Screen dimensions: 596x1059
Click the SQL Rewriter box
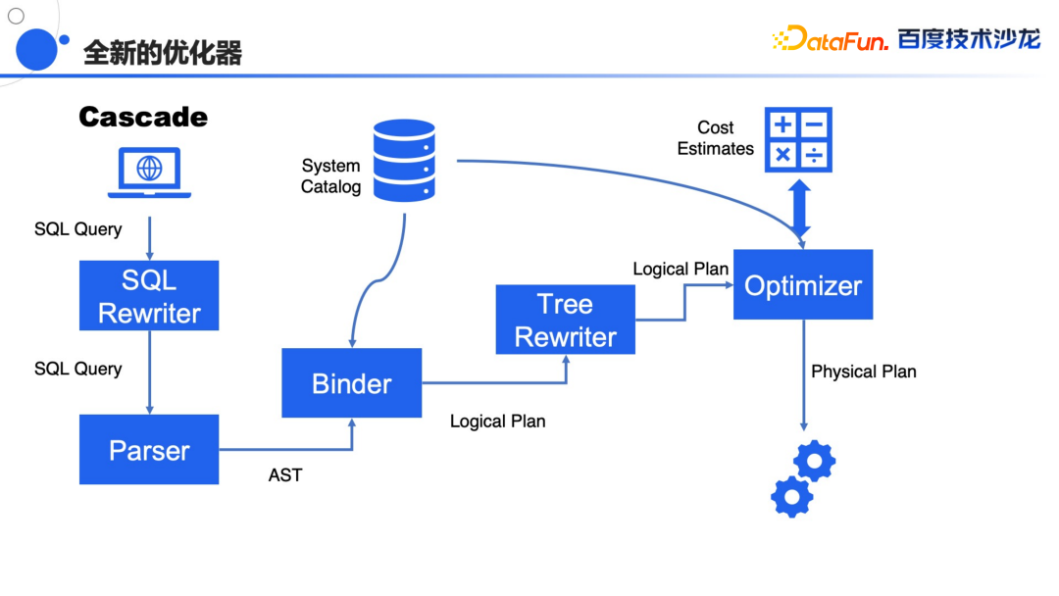click(149, 296)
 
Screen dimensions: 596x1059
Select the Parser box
click(149, 450)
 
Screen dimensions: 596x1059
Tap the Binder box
click(351, 383)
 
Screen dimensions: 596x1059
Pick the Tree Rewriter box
click(565, 320)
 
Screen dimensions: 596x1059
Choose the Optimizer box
click(802, 285)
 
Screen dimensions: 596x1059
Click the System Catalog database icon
click(404, 160)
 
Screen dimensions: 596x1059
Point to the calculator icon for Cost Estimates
click(798, 139)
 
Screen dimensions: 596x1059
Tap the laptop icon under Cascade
click(149, 172)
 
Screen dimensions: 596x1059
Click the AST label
click(285, 475)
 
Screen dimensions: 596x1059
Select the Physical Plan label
click(863, 372)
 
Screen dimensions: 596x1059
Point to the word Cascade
click(143, 117)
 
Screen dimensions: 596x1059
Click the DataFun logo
click(831, 39)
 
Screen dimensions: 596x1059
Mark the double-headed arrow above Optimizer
click(800, 208)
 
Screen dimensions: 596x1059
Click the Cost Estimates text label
click(716, 138)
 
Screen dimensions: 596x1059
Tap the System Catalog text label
click(330, 176)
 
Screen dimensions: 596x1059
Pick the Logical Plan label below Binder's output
click(497, 422)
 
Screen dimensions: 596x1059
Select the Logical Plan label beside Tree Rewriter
click(681, 269)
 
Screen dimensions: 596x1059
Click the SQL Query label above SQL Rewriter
click(78, 229)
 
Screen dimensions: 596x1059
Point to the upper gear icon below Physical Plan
click(815, 460)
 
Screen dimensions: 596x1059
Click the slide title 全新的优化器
click(163, 52)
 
